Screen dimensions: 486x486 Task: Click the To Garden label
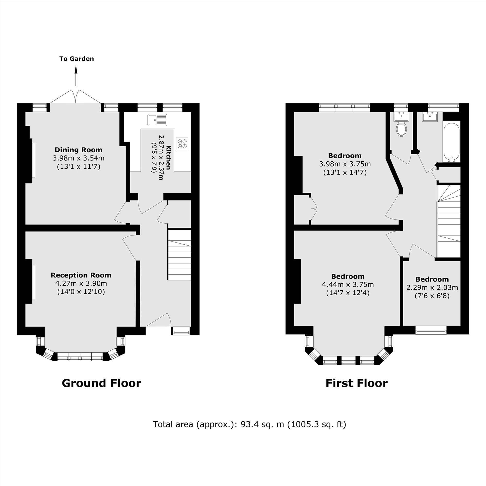(x=77, y=59)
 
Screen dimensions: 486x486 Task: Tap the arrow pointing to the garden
(x=76, y=76)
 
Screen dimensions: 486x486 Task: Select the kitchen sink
(x=157, y=120)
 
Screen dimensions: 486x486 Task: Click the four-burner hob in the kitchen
(x=182, y=144)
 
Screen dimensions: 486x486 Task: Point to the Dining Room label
(x=78, y=150)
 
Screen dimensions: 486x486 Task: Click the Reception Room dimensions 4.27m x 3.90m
(x=81, y=284)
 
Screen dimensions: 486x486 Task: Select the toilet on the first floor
(x=401, y=129)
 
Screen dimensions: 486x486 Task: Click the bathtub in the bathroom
(x=451, y=142)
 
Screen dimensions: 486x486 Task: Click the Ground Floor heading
(x=101, y=383)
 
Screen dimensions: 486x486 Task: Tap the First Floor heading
(x=356, y=383)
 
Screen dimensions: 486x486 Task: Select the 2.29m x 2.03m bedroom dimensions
(x=432, y=287)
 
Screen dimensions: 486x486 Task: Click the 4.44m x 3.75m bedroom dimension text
(x=348, y=285)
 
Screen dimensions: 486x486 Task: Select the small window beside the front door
(x=181, y=331)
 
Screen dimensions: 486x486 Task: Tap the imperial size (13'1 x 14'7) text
(x=345, y=173)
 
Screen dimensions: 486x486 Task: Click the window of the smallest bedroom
(x=431, y=330)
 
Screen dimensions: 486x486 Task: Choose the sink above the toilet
(x=401, y=117)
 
